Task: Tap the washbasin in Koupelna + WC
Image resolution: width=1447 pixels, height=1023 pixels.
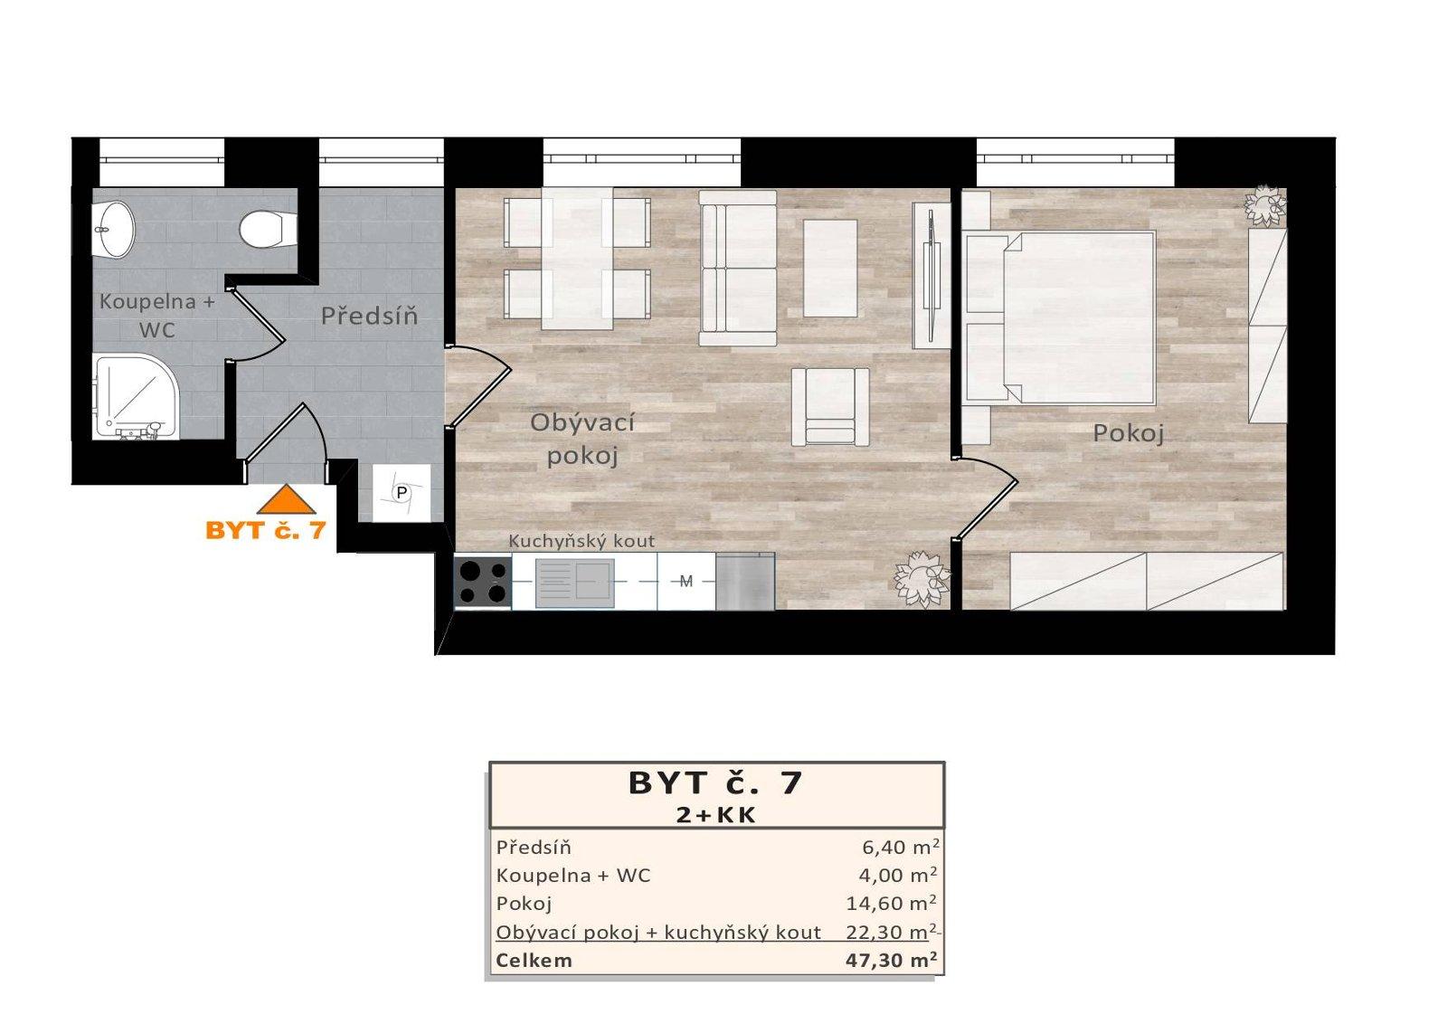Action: [x=113, y=229]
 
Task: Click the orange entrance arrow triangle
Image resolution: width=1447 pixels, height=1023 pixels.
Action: [x=286, y=500]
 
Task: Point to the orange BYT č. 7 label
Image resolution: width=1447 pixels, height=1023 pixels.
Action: [x=265, y=530]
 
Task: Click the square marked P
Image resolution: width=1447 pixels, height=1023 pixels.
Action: [x=402, y=493]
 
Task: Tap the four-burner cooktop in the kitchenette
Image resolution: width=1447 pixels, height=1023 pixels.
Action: [x=482, y=582]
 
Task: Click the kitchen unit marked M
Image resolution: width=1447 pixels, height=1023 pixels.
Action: [x=686, y=582]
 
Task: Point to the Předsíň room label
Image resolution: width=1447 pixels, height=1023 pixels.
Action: [x=369, y=317]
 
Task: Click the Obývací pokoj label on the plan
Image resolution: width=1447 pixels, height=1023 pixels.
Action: [x=582, y=439]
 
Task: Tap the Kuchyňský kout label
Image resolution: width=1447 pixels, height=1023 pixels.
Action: [x=582, y=541]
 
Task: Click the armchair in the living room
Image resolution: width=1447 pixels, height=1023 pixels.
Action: [x=830, y=406]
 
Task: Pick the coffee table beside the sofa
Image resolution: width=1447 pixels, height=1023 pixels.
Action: [x=830, y=269]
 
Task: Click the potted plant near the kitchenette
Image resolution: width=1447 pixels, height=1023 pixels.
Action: [x=921, y=576]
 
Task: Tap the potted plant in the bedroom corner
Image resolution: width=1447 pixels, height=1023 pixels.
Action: [x=1264, y=206]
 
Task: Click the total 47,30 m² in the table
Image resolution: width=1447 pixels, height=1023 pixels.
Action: [x=891, y=960]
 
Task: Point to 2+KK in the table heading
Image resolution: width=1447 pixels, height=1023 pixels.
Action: [x=716, y=814]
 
